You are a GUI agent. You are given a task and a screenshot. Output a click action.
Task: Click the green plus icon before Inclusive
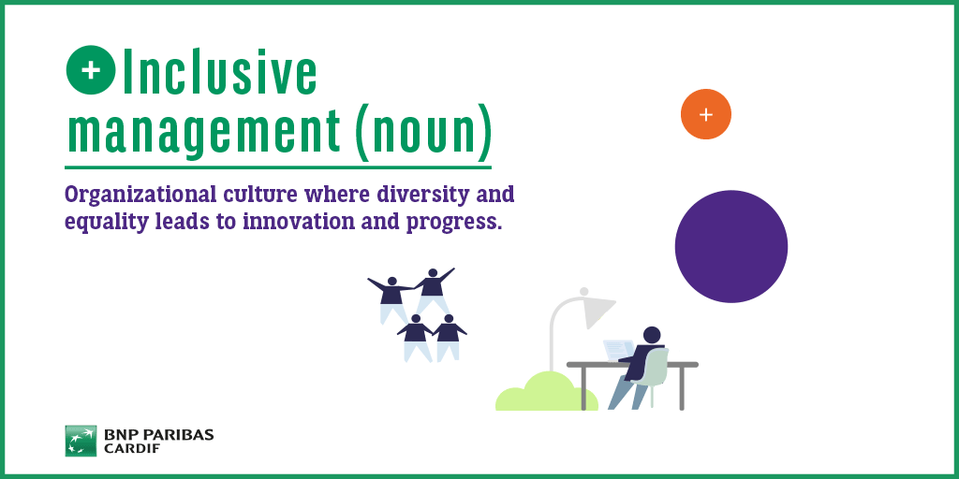tap(91, 70)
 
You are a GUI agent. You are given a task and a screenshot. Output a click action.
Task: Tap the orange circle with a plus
tap(706, 114)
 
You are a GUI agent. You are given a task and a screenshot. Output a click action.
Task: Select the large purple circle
tap(731, 246)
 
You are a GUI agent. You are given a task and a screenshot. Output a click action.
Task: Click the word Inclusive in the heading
tap(219, 72)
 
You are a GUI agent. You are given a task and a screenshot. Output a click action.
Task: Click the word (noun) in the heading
tap(423, 131)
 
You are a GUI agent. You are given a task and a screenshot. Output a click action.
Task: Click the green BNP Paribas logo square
tap(81, 442)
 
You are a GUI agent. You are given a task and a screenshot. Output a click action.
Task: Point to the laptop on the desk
tap(619, 351)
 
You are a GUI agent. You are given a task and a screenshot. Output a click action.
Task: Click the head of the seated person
tap(652, 335)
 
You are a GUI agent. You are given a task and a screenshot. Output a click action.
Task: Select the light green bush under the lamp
tap(546, 392)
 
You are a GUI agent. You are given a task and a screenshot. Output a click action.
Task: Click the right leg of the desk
tap(682, 388)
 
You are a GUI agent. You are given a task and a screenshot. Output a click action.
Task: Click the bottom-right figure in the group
tap(449, 338)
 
